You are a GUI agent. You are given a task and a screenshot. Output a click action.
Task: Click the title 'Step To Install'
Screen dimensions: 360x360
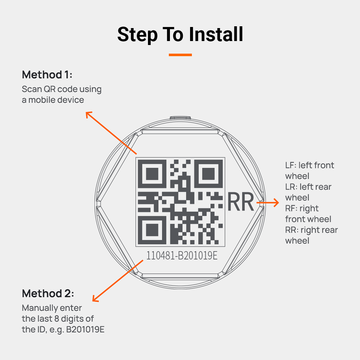[x=180, y=35]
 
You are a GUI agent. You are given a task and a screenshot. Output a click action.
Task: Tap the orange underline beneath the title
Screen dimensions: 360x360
[x=180, y=55]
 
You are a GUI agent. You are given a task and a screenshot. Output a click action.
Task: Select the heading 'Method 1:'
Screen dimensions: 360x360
[x=47, y=75]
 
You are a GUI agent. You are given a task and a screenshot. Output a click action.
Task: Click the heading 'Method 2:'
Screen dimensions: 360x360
[x=48, y=293]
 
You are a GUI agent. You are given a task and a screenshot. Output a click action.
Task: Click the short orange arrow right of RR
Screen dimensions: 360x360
[x=268, y=203]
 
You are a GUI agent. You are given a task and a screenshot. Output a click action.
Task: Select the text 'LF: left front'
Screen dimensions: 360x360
[x=310, y=165]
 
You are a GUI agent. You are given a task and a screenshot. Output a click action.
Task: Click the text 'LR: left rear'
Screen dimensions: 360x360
[x=308, y=187]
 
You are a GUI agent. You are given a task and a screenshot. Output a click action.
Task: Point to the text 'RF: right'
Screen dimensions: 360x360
[x=302, y=208]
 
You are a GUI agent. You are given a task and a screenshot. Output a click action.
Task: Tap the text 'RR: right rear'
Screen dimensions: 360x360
[x=311, y=230]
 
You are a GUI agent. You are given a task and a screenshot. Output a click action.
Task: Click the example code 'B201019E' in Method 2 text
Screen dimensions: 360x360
[x=85, y=329]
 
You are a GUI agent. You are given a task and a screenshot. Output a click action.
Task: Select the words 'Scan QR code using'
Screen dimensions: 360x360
[x=62, y=89]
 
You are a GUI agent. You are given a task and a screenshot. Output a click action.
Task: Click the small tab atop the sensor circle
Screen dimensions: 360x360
[x=180, y=118]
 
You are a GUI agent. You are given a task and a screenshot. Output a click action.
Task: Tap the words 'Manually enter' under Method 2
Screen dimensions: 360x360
[x=52, y=308]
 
